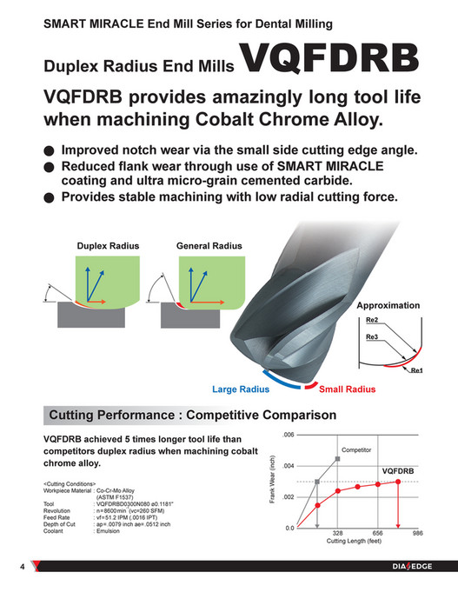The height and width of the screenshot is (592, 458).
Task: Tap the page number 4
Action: click(22, 568)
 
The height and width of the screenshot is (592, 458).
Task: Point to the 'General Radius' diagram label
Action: click(209, 246)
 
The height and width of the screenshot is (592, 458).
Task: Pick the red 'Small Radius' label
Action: click(346, 389)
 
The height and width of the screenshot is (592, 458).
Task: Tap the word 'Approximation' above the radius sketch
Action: click(388, 306)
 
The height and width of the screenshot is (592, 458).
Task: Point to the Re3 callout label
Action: click(373, 336)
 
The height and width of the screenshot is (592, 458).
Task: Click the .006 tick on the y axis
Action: click(289, 434)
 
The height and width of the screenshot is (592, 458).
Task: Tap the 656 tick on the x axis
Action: click(378, 534)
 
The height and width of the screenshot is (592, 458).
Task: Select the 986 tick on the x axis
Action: click(418, 534)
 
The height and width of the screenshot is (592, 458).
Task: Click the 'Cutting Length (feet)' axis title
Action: click(354, 542)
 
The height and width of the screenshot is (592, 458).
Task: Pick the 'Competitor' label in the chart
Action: click(355, 450)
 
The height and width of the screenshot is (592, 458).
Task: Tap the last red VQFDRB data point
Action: click(398, 481)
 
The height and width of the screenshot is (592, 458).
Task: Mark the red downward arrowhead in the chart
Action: click(398, 524)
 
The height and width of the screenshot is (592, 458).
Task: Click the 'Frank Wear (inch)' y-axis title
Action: click(273, 481)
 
